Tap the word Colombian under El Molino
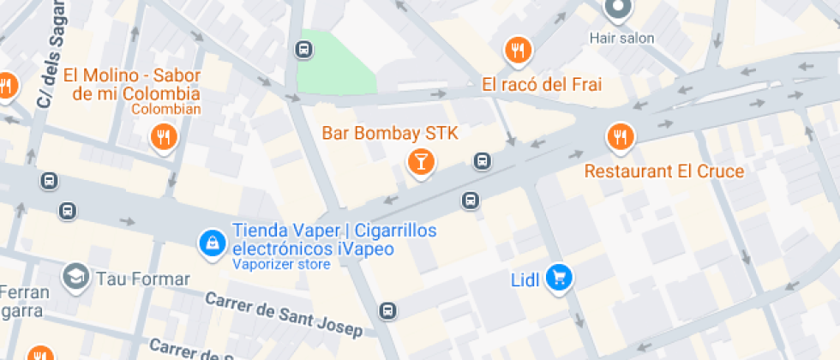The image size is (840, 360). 166,109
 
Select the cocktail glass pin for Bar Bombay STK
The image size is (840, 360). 421,160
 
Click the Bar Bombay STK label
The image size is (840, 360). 390,133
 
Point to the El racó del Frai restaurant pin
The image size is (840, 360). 517,50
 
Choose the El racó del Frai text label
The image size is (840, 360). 542,84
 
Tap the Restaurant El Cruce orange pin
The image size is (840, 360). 619,135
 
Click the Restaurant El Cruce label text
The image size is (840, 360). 664,171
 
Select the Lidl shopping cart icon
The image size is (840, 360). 560,277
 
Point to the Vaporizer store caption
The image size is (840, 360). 281,265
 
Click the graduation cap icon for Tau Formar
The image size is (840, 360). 75,276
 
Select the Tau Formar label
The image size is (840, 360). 143,279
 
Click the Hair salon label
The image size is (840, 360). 621,38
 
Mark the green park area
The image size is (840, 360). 336,63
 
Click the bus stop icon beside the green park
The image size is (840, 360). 303,49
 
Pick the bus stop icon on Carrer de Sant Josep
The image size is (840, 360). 388,310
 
